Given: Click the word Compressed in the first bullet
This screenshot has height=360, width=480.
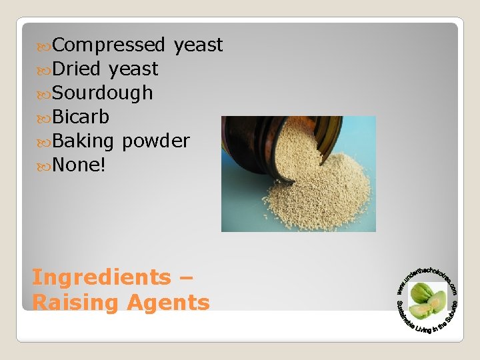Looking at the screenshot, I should (108, 45).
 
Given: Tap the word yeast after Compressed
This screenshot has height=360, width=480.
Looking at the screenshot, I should (198, 45).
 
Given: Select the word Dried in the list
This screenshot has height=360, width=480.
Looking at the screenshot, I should (76, 69).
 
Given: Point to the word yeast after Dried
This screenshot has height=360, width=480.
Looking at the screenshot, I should (133, 69).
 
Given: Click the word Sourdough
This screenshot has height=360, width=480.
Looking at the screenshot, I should (102, 93).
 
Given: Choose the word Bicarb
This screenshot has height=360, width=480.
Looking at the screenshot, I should (81, 117).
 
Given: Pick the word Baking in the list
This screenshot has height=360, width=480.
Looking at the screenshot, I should (83, 141).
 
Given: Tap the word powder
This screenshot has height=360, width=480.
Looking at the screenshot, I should (155, 141).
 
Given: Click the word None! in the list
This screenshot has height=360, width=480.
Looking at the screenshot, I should (79, 165).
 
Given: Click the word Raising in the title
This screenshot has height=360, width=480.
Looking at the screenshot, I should (73, 303).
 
